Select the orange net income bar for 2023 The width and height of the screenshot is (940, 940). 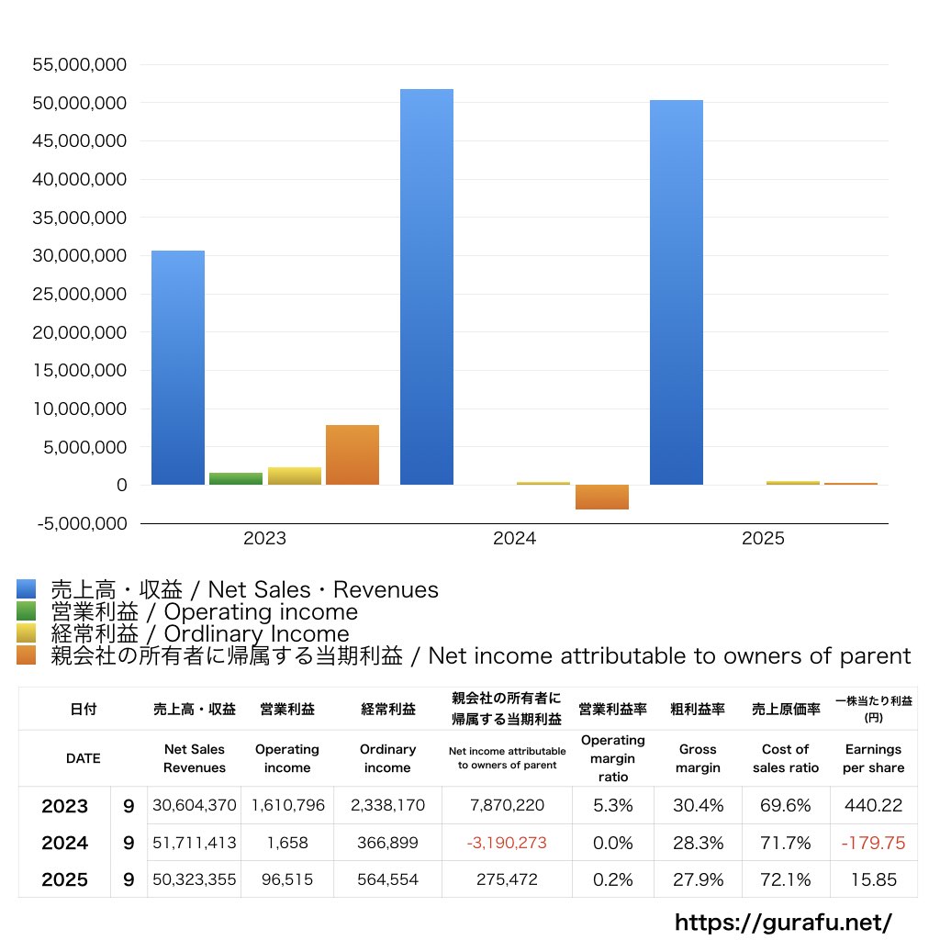click(352, 455)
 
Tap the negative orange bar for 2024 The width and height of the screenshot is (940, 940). click(602, 497)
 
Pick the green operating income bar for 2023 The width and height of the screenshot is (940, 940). click(236, 478)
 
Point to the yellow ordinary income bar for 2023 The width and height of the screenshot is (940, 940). click(295, 476)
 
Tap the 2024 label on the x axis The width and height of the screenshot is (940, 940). click(514, 539)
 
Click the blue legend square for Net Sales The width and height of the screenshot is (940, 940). click(26, 589)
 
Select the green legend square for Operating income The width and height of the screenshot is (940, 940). click(26, 611)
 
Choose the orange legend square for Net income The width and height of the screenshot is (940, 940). click(26, 655)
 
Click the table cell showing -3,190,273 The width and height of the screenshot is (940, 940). click(506, 843)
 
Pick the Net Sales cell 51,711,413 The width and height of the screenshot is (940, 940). click(195, 843)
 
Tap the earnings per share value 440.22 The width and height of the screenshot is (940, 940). click(873, 806)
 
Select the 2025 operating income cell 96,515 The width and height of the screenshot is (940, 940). click(287, 879)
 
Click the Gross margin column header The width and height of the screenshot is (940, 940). click(698, 758)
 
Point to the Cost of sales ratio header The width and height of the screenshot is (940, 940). click(785, 758)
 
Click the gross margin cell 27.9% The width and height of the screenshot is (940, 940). click(698, 879)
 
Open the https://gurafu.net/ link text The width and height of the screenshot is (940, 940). click(783, 922)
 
